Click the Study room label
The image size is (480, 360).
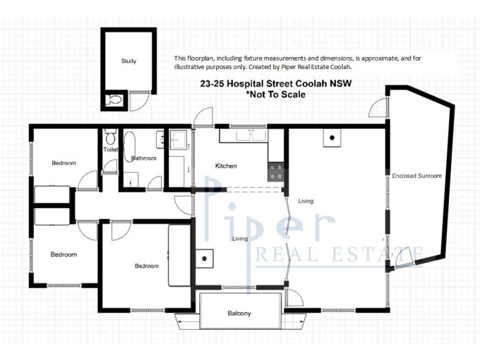click(128, 61)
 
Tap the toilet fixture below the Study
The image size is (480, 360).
click(113, 100)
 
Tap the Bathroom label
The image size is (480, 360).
click(144, 158)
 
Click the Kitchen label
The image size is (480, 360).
click(226, 166)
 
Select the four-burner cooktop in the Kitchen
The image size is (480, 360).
click(276, 171)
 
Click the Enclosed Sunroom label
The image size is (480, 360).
click(417, 176)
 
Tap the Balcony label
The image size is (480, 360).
click(239, 313)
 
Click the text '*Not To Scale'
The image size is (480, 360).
click(276, 95)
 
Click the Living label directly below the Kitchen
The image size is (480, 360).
click(240, 239)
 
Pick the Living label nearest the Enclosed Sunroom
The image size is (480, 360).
click(305, 201)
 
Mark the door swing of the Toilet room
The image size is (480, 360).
click(109, 167)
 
